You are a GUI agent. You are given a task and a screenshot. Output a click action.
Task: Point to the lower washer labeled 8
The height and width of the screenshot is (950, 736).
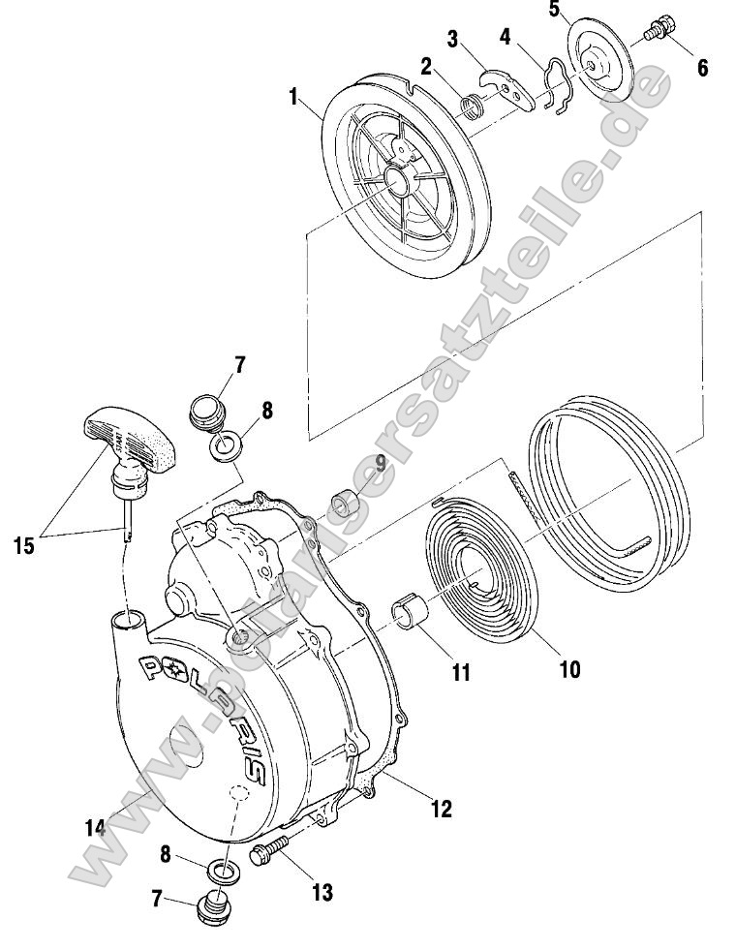pos(223,870)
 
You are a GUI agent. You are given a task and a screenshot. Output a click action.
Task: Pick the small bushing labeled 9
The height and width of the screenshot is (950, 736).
pos(345,506)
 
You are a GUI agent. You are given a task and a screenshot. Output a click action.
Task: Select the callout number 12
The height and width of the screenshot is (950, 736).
pos(441,809)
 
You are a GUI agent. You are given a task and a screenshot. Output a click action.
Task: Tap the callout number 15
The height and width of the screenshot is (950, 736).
pos(25,545)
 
